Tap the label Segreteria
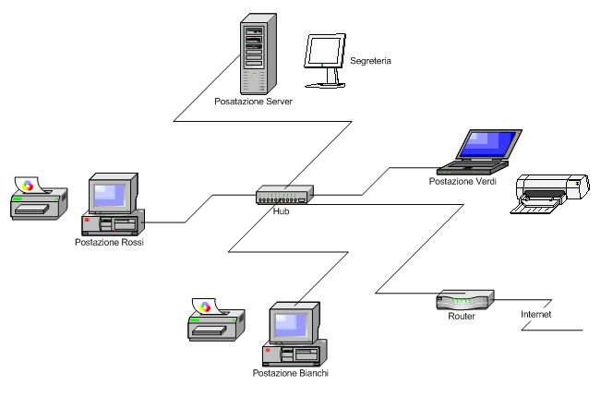pos(371,61)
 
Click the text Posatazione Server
pos(253,102)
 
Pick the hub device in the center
pos(284,194)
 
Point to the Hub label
pos(282,211)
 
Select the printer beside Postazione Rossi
pos(37,198)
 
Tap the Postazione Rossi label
pos(110,242)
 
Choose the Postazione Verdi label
pos(463,182)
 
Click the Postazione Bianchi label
pos(291,373)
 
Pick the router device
pos(464,300)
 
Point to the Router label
pos(461,317)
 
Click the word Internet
pos(536,315)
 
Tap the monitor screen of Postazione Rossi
pos(111,194)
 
